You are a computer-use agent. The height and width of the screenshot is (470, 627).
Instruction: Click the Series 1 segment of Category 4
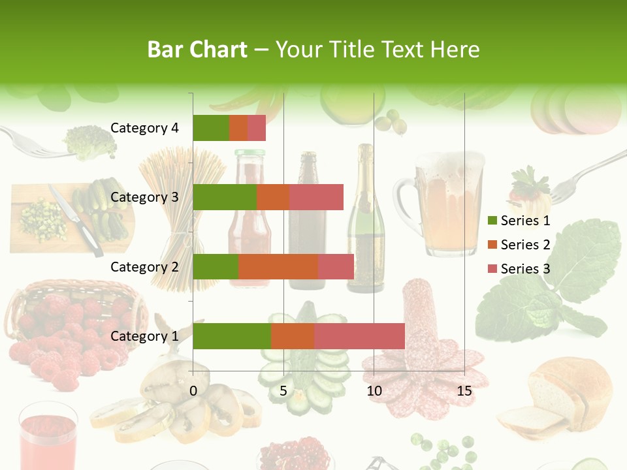(x=211, y=128)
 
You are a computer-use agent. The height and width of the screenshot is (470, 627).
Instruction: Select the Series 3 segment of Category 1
(x=359, y=336)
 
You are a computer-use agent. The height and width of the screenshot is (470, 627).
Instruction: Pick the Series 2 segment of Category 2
(x=278, y=266)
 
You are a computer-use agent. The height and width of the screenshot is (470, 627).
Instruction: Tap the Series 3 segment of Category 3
(x=316, y=197)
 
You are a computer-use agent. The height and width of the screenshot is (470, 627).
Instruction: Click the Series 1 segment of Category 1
(x=231, y=336)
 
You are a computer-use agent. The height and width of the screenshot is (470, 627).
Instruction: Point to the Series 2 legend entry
(x=519, y=245)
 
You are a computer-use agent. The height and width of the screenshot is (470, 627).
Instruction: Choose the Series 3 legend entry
(x=519, y=269)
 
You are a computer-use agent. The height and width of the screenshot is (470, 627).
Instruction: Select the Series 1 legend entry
(x=519, y=221)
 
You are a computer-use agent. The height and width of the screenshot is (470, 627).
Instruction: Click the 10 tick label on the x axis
(x=374, y=391)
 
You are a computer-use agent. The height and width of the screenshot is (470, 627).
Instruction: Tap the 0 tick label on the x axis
(x=193, y=391)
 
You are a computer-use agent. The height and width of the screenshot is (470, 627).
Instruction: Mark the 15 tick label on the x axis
(x=464, y=391)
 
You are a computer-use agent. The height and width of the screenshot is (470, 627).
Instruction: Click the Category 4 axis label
(x=144, y=128)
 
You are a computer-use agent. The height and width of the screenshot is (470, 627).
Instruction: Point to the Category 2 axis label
(x=144, y=266)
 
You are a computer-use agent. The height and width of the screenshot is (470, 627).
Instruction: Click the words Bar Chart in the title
(x=197, y=50)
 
